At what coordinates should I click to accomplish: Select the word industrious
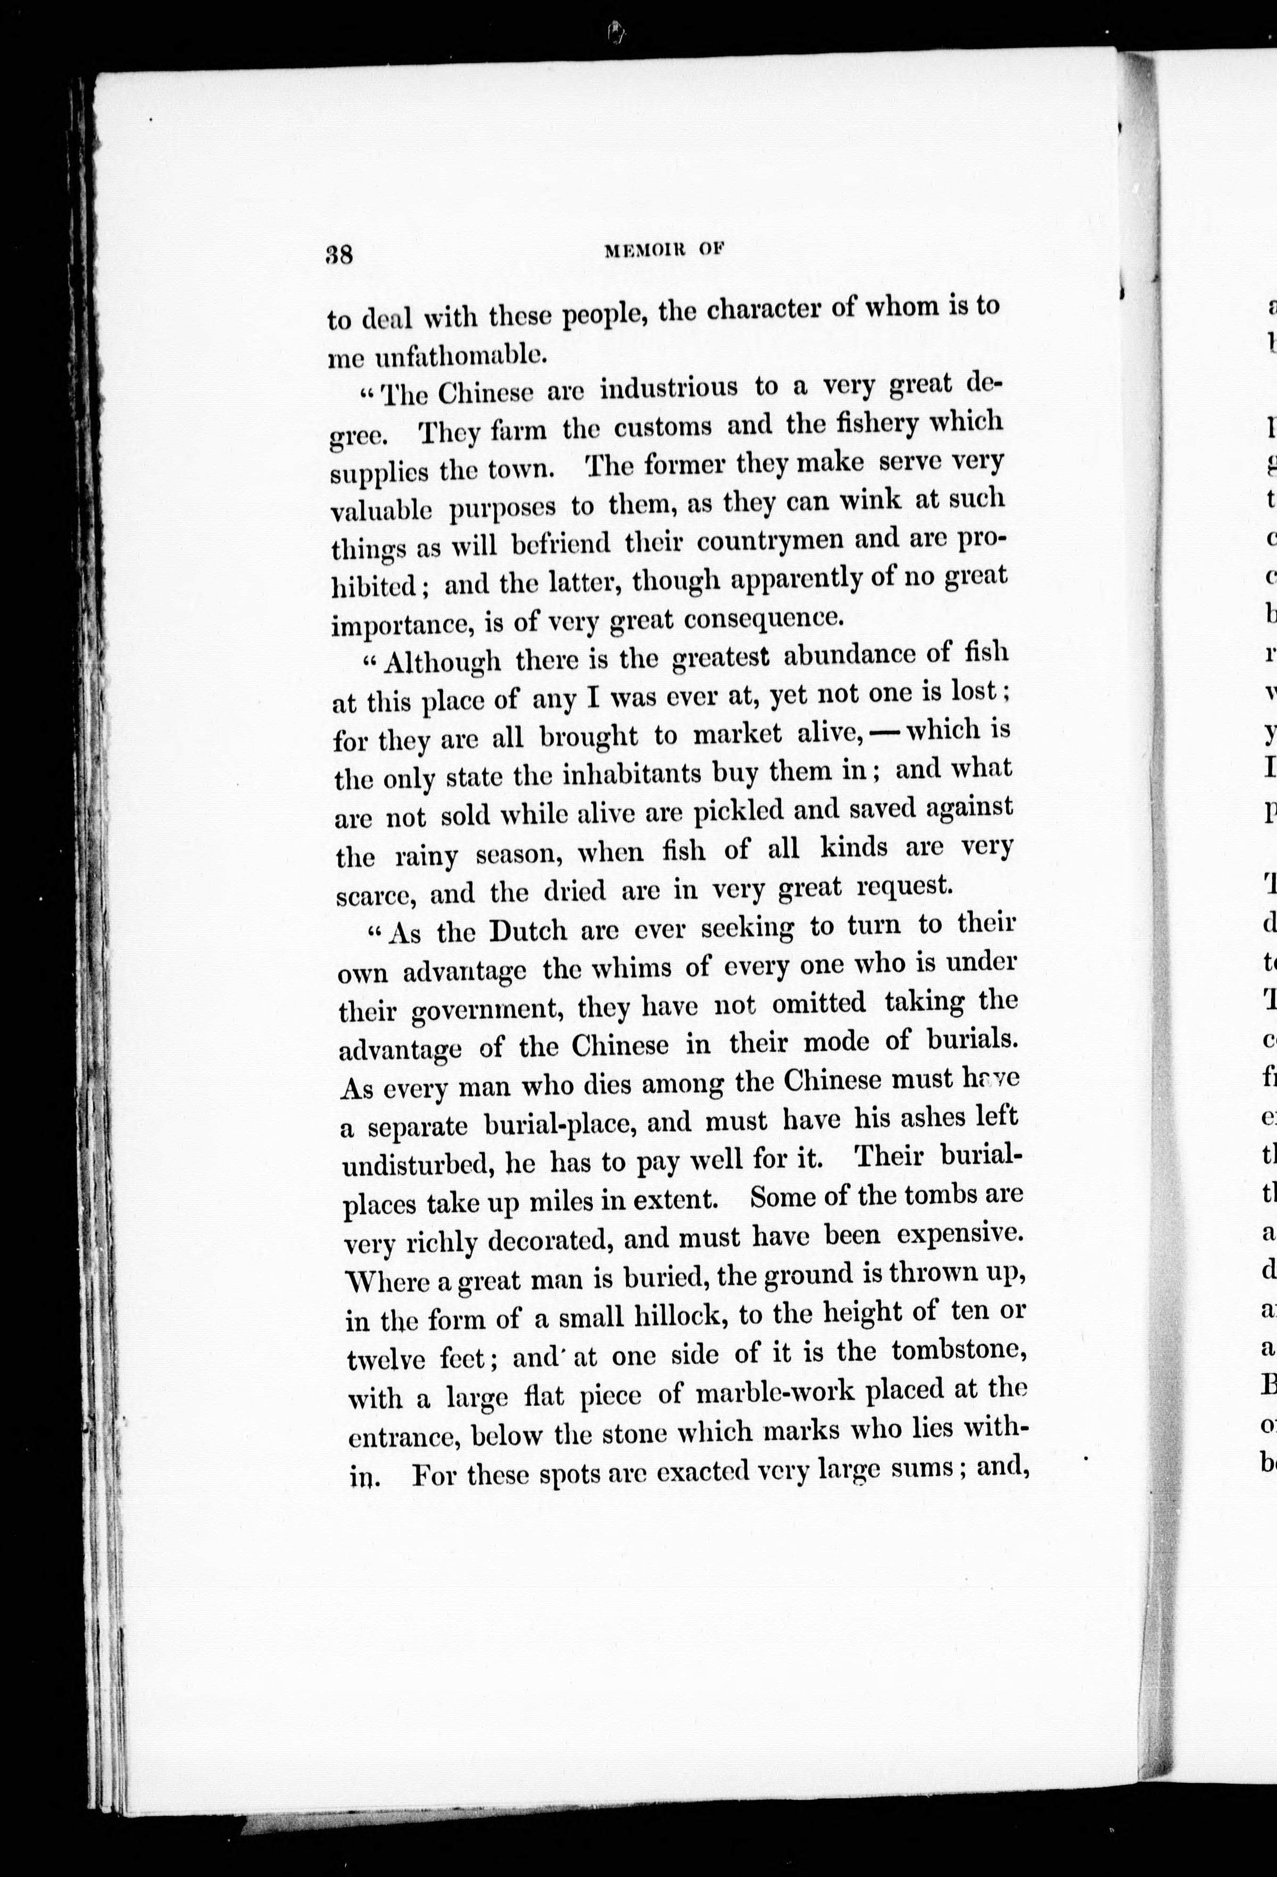tap(669, 388)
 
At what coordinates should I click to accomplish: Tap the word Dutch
tap(528, 931)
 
